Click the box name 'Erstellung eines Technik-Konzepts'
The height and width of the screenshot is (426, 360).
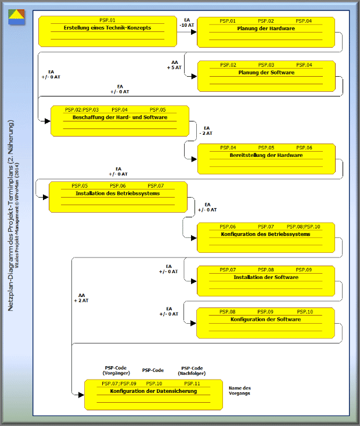(107, 28)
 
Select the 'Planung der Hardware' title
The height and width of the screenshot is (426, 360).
(266, 28)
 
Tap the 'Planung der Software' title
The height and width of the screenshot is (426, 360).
(266, 73)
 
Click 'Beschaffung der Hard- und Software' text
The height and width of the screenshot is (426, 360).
(120, 117)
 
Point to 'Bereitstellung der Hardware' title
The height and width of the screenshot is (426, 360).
(266, 155)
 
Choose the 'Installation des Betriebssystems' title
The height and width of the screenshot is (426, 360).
(117, 193)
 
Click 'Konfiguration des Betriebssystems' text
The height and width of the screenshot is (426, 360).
(266, 234)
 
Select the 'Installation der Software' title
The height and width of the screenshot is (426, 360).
(266, 277)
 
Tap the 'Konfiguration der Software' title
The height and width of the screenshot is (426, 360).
(265, 320)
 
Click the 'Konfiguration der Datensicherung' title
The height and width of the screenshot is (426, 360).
(153, 391)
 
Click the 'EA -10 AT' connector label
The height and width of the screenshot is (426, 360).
(186, 23)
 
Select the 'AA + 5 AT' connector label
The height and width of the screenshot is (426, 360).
(174, 65)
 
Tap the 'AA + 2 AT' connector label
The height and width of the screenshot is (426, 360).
(81, 298)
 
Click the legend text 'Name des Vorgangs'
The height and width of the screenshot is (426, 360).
(240, 391)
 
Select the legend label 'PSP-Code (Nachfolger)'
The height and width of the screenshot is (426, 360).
(193, 370)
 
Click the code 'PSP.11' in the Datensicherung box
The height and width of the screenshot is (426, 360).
(192, 384)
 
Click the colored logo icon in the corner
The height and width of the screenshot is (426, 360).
(16, 16)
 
